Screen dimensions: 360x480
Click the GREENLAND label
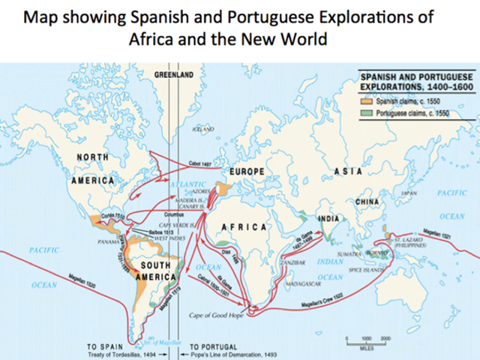[174, 75]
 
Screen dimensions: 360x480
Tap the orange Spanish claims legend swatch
[365, 99]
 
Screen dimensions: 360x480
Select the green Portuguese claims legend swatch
[365, 112]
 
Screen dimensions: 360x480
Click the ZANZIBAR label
[292, 262]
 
